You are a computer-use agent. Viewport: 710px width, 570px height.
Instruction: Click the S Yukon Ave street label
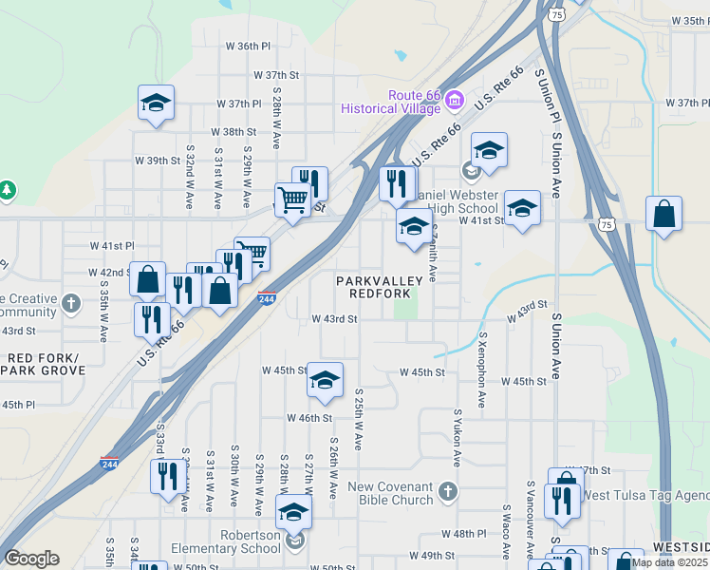click(x=457, y=438)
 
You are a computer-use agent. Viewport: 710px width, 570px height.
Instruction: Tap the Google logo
click(x=31, y=559)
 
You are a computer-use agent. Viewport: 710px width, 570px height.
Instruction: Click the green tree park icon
click(x=8, y=190)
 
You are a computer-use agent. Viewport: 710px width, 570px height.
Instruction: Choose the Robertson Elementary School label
click(x=226, y=541)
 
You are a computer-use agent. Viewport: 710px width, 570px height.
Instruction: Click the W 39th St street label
click(x=157, y=161)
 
